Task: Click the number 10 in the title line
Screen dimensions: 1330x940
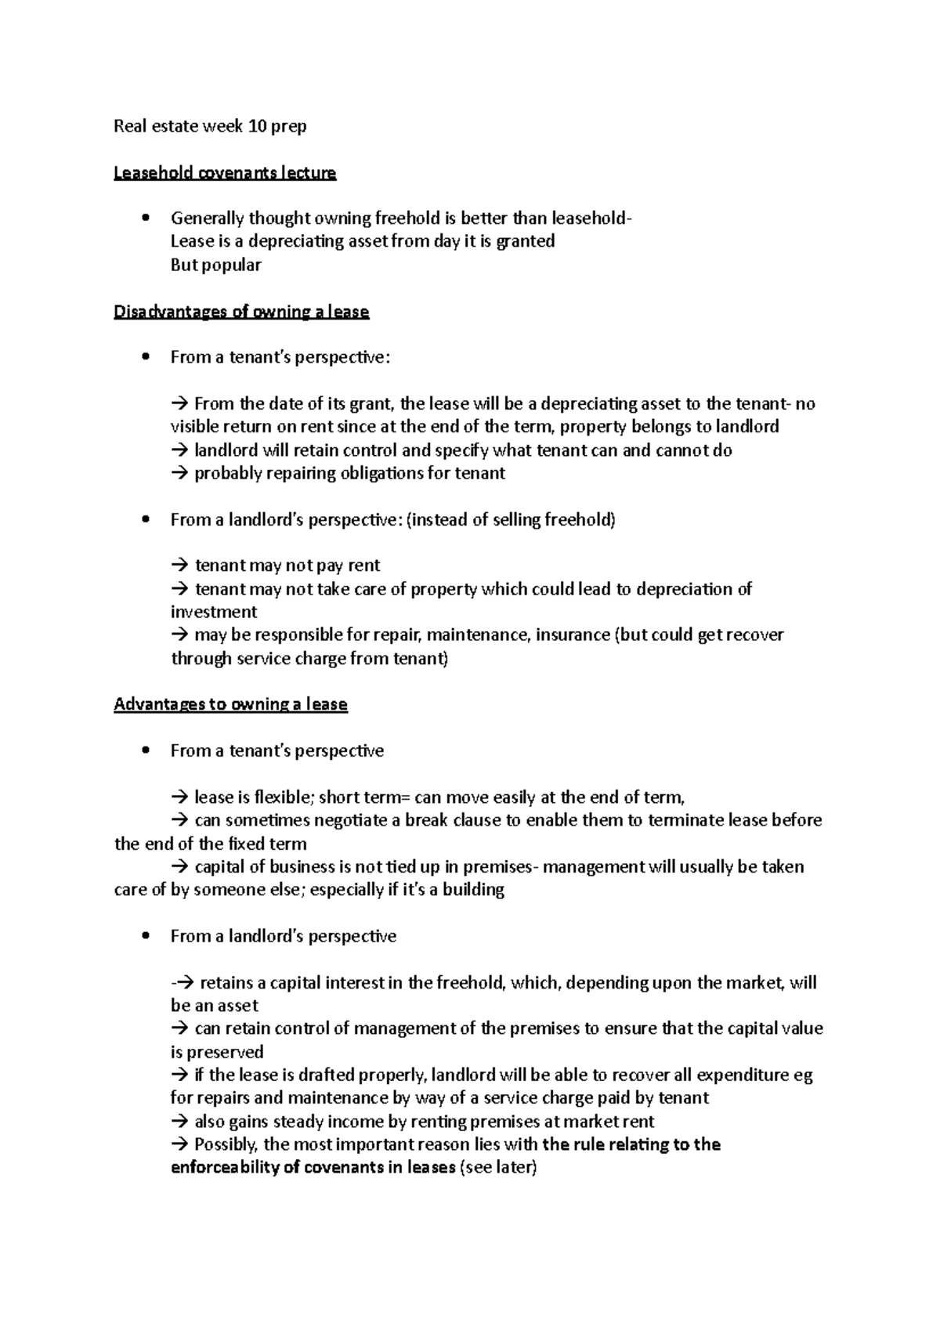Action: [256, 126]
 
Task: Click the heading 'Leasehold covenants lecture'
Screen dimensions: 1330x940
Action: [225, 173]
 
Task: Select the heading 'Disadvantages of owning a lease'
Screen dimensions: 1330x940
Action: [241, 312]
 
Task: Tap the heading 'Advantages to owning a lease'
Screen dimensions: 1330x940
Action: [230, 704]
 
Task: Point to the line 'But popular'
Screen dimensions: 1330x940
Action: [215, 265]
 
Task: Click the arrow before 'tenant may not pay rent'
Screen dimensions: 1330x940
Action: [179, 566]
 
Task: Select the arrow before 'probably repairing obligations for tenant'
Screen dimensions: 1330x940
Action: [179, 473]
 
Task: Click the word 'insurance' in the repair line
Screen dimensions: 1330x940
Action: [572, 634]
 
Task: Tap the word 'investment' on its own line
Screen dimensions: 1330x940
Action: [214, 612]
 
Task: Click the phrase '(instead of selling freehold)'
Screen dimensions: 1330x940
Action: [511, 519]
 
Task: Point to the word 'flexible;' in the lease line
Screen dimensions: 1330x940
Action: [285, 797]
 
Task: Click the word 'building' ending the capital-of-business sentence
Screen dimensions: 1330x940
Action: [473, 890]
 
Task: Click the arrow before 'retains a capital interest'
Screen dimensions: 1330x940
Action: [183, 982]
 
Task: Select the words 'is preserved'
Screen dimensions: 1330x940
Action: [217, 1052]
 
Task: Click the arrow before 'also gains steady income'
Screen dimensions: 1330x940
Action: [179, 1121]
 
